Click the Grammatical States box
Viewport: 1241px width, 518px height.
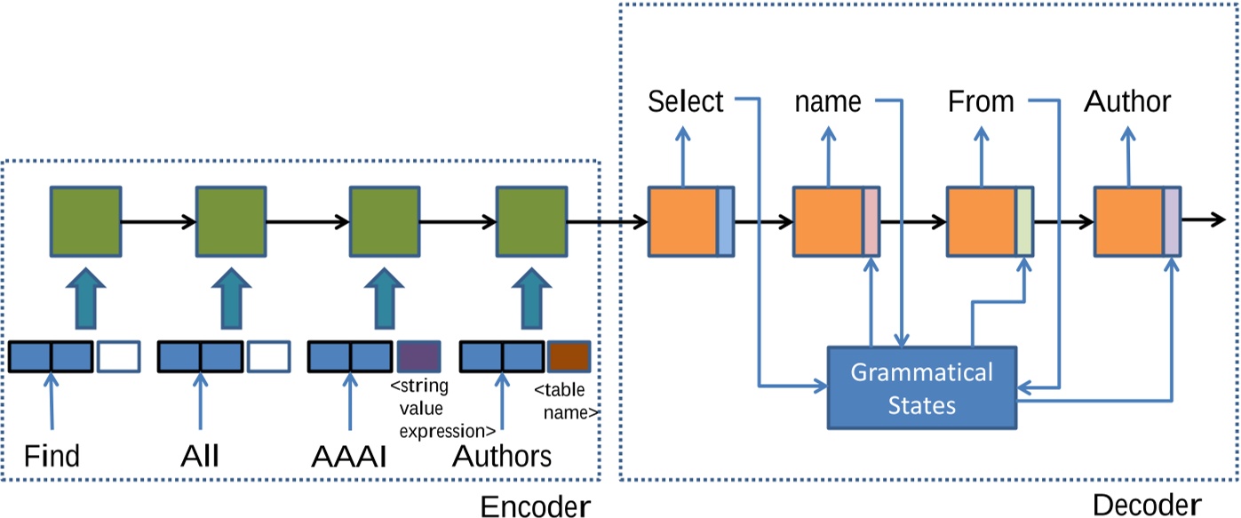pyautogui.click(x=921, y=387)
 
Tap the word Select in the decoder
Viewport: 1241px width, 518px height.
pyautogui.click(x=686, y=102)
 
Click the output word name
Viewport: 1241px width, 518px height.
pyautogui.click(x=828, y=102)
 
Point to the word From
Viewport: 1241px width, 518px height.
pyautogui.click(x=981, y=102)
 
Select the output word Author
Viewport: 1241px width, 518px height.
pyautogui.click(x=1127, y=102)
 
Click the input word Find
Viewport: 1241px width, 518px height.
pyautogui.click(x=52, y=457)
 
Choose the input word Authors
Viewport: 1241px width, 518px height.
pyautogui.click(x=502, y=457)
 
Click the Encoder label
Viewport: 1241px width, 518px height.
pyautogui.click(x=534, y=506)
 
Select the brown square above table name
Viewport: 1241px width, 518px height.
pyautogui.click(x=569, y=356)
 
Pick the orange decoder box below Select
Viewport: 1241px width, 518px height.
pyautogui.click(x=683, y=221)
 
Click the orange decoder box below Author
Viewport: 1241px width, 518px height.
pyautogui.click(x=1129, y=221)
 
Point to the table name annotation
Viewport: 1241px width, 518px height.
pyautogui.click(x=566, y=401)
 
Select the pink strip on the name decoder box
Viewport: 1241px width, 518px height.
pyautogui.click(x=871, y=221)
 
